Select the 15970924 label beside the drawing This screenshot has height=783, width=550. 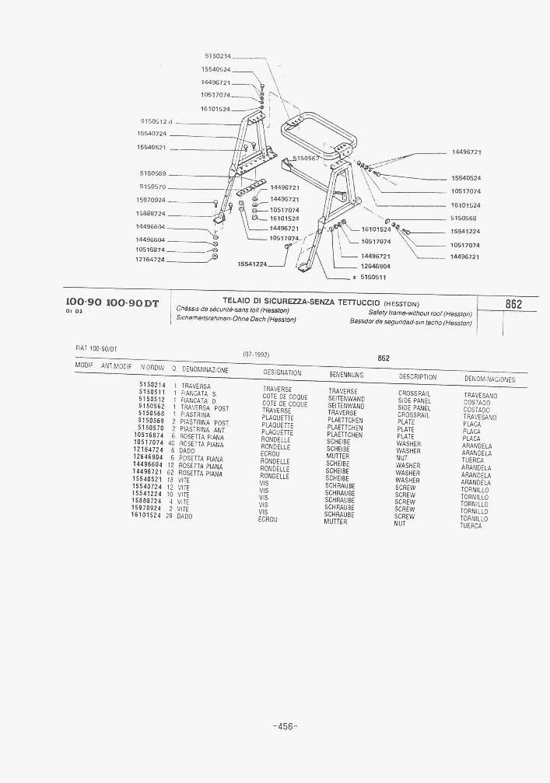tap(150, 201)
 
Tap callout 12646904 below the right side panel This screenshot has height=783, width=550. tap(376, 266)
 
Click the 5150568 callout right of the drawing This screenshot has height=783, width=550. tap(464, 218)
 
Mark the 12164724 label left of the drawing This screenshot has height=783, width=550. tap(150, 259)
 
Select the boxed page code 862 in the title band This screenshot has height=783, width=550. tap(513, 305)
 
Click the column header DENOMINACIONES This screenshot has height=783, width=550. tap(489, 379)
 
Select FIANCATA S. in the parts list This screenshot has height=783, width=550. tap(198, 393)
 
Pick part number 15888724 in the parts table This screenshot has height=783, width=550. tap(148, 502)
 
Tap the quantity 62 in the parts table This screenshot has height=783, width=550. tap(171, 473)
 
